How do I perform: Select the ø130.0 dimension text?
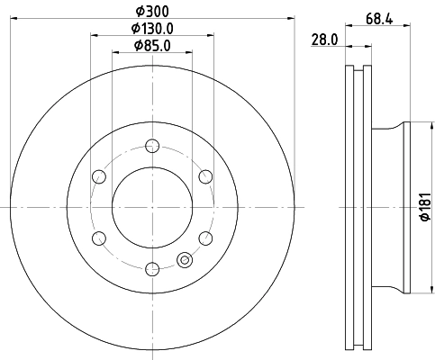pyautogui.click(x=152, y=28)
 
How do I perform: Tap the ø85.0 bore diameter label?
pyautogui.click(x=152, y=45)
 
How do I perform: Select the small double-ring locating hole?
pyautogui.click(x=186, y=260)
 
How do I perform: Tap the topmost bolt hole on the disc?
pyautogui.click(x=152, y=146)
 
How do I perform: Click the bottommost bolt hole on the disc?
pyautogui.click(x=152, y=267)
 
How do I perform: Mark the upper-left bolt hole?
pyautogui.click(x=99, y=176)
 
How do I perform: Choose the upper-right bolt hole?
pyautogui.click(x=205, y=176)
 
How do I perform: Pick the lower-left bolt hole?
pyautogui.click(x=99, y=237)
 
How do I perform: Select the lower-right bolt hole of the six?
pyautogui.click(x=205, y=237)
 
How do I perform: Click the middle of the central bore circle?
pyautogui.click(x=152, y=206)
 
